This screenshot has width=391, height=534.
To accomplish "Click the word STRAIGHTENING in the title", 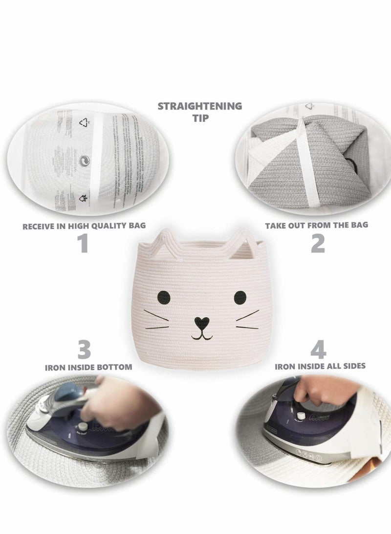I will [x=200, y=105].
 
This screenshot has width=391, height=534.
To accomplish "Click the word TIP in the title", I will [x=200, y=117].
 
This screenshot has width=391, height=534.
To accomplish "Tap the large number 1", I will [x=84, y=243].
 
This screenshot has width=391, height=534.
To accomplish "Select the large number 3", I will [x=84, y=350].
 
